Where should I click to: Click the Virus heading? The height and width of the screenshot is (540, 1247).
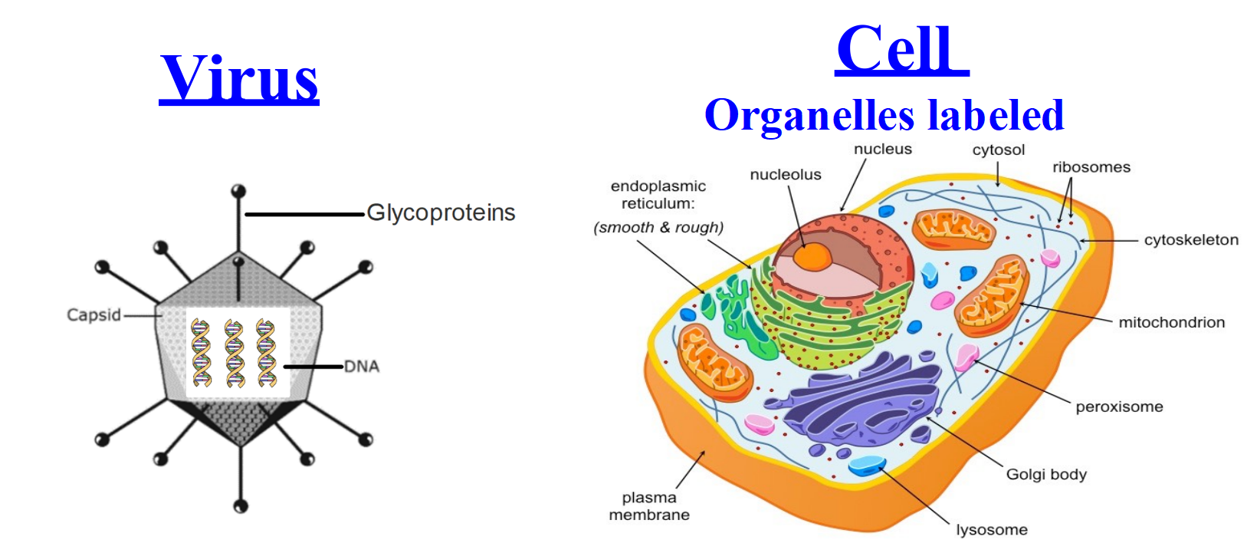239,78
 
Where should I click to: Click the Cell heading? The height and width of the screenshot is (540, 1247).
902,49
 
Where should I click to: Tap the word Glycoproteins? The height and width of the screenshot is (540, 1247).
441,213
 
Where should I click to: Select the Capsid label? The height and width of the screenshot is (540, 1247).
94,314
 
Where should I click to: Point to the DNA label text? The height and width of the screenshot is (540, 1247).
362,366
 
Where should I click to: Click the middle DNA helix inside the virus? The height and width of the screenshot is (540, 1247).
235,354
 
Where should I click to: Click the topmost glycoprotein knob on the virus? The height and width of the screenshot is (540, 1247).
239,190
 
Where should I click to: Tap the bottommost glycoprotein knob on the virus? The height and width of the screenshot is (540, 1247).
241,506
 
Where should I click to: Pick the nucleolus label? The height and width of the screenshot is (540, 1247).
786,174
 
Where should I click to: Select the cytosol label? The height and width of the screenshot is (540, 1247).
999,150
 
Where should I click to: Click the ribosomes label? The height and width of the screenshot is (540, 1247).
1091,167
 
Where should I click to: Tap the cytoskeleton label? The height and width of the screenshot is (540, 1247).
1191,240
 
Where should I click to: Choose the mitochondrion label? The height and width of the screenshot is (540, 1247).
1172,322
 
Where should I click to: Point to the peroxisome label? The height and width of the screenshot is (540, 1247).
1119,407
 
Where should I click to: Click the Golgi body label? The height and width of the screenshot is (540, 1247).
1046,474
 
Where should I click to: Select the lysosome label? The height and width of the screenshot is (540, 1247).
992,529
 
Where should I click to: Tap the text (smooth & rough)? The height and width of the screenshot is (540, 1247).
658,227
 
